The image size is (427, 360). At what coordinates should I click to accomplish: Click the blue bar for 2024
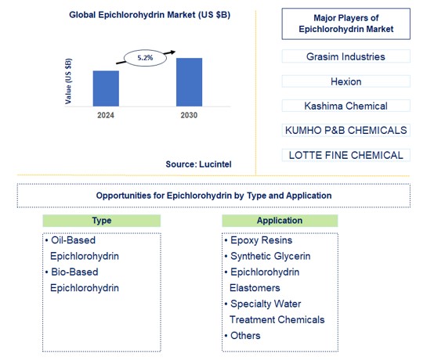[106, 88]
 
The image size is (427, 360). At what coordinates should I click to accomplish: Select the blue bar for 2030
[189, 81]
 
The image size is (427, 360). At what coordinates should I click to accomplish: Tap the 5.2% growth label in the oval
[146, 57]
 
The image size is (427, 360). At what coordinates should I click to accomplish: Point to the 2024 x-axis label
[106, 115]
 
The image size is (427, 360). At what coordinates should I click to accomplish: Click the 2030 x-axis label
[188, 115]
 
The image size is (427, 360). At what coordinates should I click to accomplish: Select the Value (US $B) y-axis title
[68, 81]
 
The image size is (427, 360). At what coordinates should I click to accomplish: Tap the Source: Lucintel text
[198, 164]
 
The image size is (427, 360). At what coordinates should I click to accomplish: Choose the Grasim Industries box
[346, 56]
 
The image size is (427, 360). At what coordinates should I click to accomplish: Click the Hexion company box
[346, 81]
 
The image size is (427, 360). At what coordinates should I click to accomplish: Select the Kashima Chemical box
[346, 106]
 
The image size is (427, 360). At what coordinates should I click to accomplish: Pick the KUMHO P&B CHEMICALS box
[346, 130]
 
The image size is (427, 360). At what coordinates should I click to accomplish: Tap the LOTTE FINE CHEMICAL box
[346, 155]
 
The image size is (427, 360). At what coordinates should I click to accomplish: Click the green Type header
[101, 221]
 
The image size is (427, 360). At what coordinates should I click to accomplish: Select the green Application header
[280, 221]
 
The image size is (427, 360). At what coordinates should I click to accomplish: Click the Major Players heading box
[346, 23]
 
